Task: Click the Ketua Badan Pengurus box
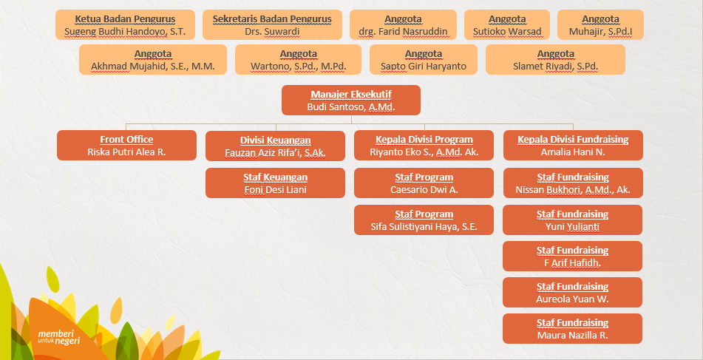click(x=125, y=25)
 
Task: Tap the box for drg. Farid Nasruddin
click(x=403, y=25)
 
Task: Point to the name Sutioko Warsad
click(x=507, y=32)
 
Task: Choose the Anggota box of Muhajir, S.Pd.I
click(x=600, y=25)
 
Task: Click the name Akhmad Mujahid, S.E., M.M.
click(x=153, y=67)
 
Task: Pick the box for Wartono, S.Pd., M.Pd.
click(x=298, y=60)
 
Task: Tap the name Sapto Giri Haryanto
click(x=424, y=67)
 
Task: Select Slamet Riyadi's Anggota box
click(x=555, y=60)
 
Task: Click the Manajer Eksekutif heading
click(x=351, y=95)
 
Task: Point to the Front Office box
click(x=126, y=145)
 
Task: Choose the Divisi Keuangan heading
click(x=275, y=140)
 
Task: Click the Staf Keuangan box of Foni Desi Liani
click(x=275, y=183)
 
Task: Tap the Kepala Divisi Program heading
click(x=424, y=139)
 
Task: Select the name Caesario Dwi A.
click(x=424, y=190)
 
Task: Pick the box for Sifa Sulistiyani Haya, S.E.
click(x=424, y=220)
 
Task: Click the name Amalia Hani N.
click(x=573, y=152)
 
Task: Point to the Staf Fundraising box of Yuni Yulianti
click(x=573, y=220)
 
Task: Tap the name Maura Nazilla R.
click(x=573, y=336)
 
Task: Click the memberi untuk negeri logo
click(x=59, y=337)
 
